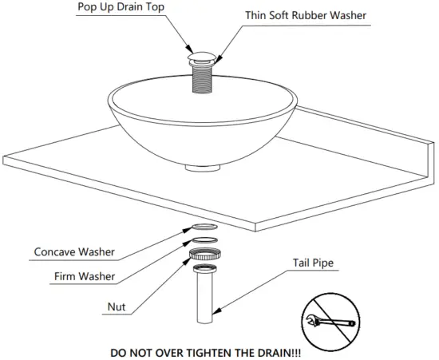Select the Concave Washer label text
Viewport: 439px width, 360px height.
pyautogui.click(x=74, y=252)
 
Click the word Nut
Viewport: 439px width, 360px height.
pyautogui.click(x=116, y=305)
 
